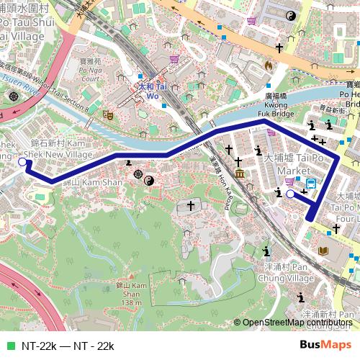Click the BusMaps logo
click(325, 345)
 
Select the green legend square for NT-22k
click(9, 346)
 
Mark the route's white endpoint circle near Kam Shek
click(22, 163)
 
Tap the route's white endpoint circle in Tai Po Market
click(290, 194)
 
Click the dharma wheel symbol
click(138, 174)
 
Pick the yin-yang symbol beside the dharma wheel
click(149, 180)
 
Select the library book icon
click(323, 251)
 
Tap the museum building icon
click(238, 174)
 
